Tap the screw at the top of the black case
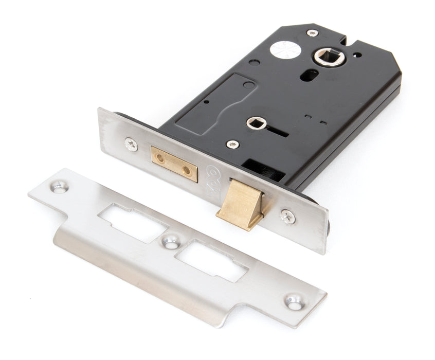coord(313,33)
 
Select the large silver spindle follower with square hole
coord(325,57)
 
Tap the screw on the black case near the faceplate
coord(233,144)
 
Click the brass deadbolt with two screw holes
coord(174,164)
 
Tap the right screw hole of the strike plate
coord(294,302)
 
